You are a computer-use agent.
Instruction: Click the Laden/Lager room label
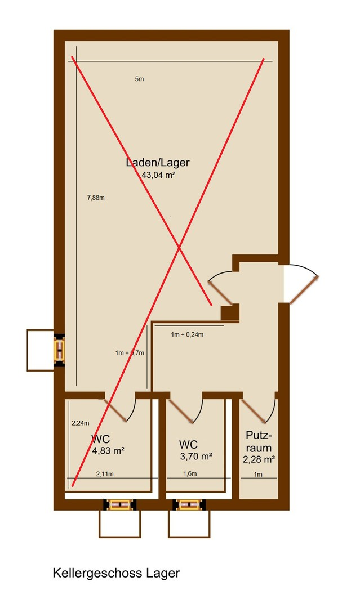[x=158, y=163]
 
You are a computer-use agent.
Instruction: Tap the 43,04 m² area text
[x=158, y=175]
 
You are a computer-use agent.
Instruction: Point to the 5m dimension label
[x=139, y=79]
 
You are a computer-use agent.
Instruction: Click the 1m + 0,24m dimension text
[x=187, y=335]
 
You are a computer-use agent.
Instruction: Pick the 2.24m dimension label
[x=81, y=423]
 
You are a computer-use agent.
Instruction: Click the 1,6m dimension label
[x=190, y=474]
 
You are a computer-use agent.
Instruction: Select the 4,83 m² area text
[x=108, y=450]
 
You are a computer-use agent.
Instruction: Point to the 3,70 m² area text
[x=196, y=457]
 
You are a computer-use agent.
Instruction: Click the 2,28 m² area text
[x=259, y=459]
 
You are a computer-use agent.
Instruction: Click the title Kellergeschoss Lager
[x=116, y=573]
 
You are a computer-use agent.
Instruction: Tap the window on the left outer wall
[x=59, y=350]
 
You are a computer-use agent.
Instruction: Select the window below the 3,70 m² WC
[x=188, y=504]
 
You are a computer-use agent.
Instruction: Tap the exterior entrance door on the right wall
[x=304, y=289]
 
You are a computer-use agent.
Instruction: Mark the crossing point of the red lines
[x=179, y=247]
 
